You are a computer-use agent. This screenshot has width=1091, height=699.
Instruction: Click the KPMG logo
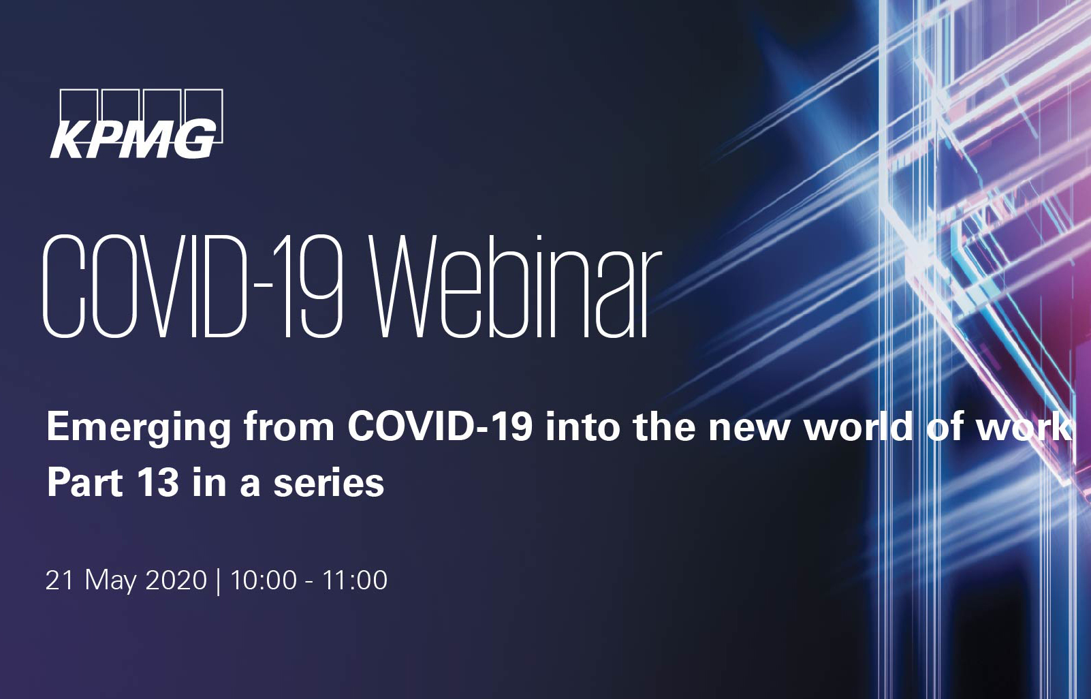click(136, 124)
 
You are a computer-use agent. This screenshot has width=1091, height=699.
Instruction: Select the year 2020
click(176, 580)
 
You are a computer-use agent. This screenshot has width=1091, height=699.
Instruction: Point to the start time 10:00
click(264, 580)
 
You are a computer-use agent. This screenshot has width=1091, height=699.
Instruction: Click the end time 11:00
click(355, 580)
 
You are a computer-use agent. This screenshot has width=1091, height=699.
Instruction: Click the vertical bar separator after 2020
click(218, 582)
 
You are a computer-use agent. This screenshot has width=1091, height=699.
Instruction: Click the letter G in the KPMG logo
click(195, 140)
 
